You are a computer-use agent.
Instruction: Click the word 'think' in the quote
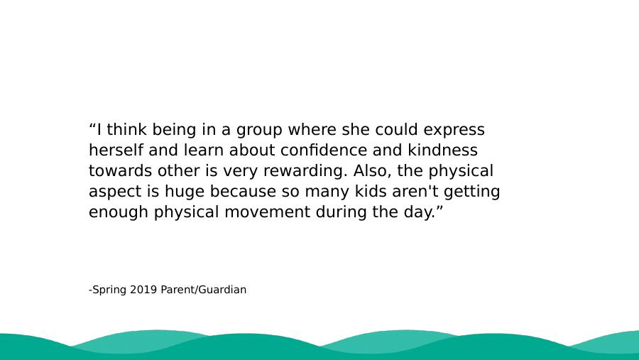point(126,130)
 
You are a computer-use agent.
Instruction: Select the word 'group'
point(259,131)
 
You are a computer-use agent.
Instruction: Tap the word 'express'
point(454,131)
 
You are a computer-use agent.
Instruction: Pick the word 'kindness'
point(442,150)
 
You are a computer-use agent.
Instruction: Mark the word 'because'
point(237,191)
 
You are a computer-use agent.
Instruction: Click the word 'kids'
point(371,191)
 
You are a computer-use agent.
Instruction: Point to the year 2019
point(143,290)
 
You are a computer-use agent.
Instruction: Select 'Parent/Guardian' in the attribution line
point(204,290)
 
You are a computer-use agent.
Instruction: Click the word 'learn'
point(204,150)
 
